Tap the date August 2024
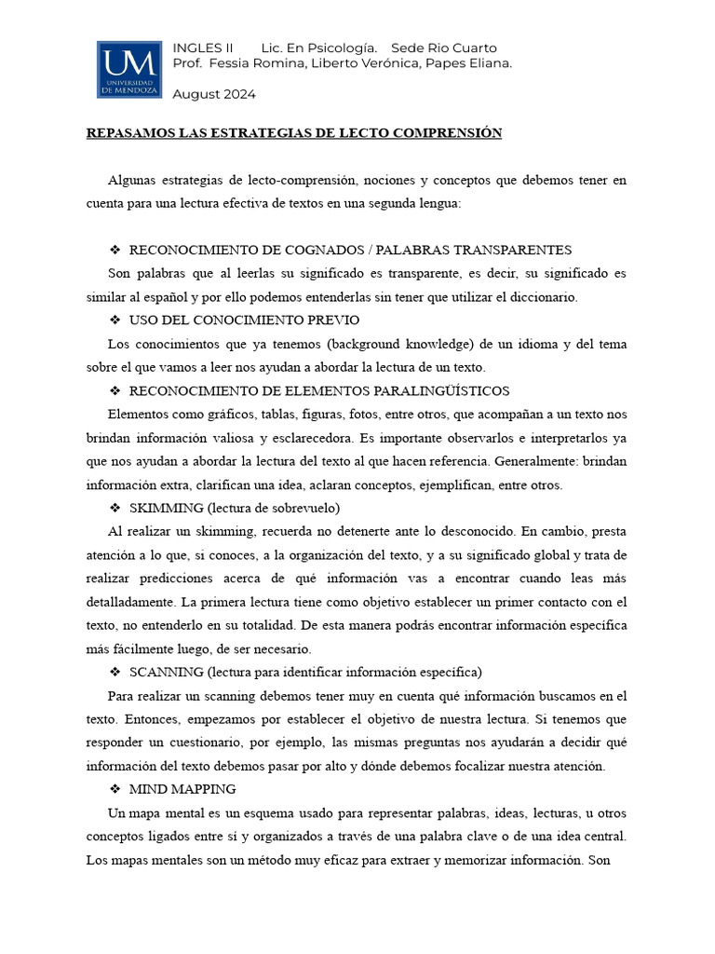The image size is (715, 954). pyautogui.click(x=214, y=94)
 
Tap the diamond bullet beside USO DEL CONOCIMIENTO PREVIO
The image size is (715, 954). pyautogui.click(x=115, y=320)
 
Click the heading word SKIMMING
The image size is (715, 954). pyautogui.click(x=167, y=508)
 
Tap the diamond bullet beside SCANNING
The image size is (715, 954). pyautogui.click(x=115, y=672)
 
